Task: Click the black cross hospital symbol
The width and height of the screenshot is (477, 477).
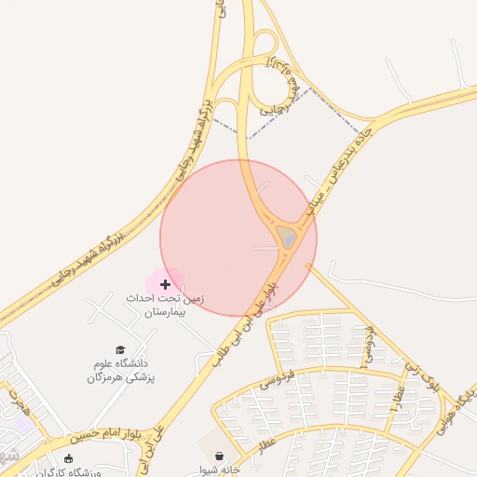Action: [x=166, y=283]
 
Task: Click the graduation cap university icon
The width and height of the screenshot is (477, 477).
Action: [x=119, y=349]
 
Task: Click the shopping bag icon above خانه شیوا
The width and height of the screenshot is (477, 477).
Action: [x=219, y=456]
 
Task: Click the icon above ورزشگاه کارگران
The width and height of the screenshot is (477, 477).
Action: [x=68, y=457]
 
